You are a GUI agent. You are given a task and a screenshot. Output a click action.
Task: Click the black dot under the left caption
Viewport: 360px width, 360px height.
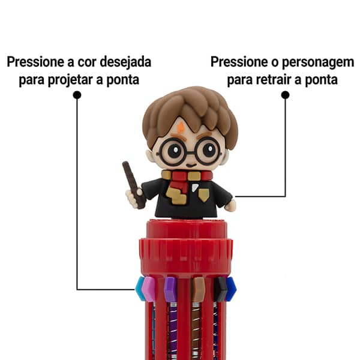(x=77, y=95)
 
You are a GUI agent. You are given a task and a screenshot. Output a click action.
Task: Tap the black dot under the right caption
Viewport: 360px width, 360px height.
(x=285, y=95)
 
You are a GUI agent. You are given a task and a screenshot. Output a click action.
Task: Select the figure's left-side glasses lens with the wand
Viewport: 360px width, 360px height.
(x=173, y=149)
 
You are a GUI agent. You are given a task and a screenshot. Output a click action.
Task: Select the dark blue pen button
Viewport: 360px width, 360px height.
(x=231, y=287)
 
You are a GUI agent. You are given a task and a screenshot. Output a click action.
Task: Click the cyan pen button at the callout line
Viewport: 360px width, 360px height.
(x=140, y=289)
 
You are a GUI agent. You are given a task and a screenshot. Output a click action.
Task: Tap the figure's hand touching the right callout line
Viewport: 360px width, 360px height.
(x=230, y=205)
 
